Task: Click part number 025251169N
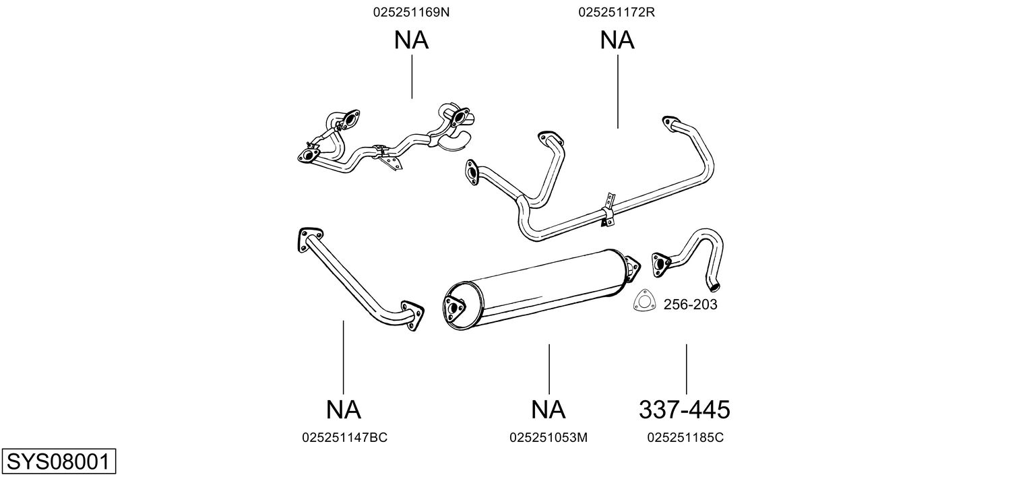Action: click(411, 12)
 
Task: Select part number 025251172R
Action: click(617, 12)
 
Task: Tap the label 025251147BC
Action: click(345, 437)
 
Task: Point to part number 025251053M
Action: click(548, 437)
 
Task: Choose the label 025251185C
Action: click(685, 437)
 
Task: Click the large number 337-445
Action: click(685, 409)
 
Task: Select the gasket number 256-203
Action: click(691, 304)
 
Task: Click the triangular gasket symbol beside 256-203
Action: click(644, 300)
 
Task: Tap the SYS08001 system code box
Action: click(59, 461)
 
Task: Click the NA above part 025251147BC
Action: click(344, 409)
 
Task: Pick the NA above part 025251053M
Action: click(548, 409)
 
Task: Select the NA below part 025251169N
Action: click(412, 40)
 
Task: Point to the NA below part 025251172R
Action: click(617, 40)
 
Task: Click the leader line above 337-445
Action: click(686, 369)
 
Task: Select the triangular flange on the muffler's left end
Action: click(454, 309)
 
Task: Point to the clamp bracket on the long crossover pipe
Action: click(608, 211)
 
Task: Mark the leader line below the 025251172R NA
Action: click(618, 92)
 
